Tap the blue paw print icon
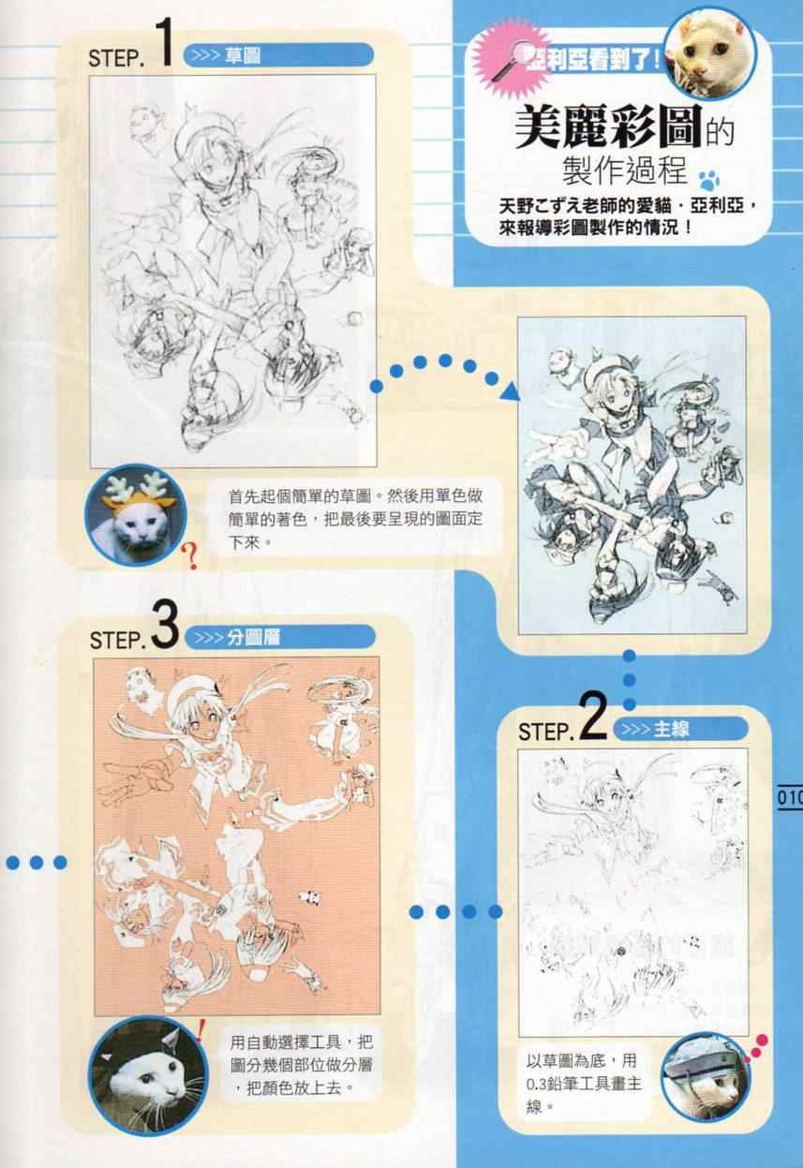tap(709, 181)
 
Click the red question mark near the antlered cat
tap(191, 555)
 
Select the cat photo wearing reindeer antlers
tap(135, 514)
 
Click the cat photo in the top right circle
tap(710, 54)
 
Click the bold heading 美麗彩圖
tap(607, 126)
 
